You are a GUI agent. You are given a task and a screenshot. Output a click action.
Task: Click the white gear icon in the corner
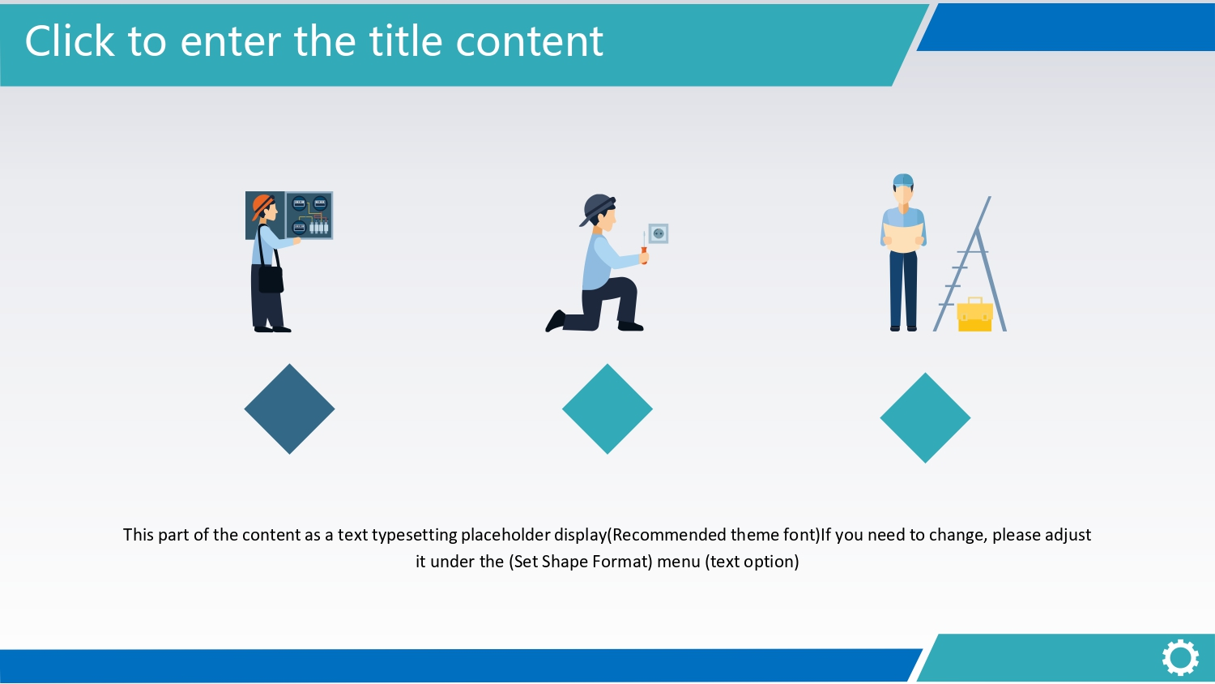pyautogui.click(x=1180, y=658)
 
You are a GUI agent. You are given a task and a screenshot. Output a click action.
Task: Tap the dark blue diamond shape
pyautogui.click(x=290, y=408)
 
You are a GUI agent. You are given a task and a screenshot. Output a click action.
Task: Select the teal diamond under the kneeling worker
pyautogui.click(x=607, y=408)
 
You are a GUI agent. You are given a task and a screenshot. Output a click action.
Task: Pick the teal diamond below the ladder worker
pyautogui.click(x=925, y=417)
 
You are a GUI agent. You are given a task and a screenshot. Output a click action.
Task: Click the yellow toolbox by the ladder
pyautogui.click(x=974, y=314)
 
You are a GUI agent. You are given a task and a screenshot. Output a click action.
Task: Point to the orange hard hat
pyautogui.click(x=262, y=207)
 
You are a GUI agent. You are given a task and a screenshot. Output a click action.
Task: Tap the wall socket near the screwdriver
pyautogui.click(x=659, y=233)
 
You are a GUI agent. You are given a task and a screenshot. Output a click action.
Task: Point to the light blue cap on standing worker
pyautogui.click(x=903, y=180)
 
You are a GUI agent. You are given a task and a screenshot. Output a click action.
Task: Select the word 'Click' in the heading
pyautogui.click(x=69, y=41)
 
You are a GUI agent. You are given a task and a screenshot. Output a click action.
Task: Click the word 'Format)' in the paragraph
pyautogui.click(x=622, y=562)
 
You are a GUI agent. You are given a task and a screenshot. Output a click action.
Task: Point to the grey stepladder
pyautogui.click(x=970, y=264)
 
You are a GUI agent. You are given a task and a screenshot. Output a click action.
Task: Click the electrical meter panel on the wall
pyautogui.click(x=309, y=215)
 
